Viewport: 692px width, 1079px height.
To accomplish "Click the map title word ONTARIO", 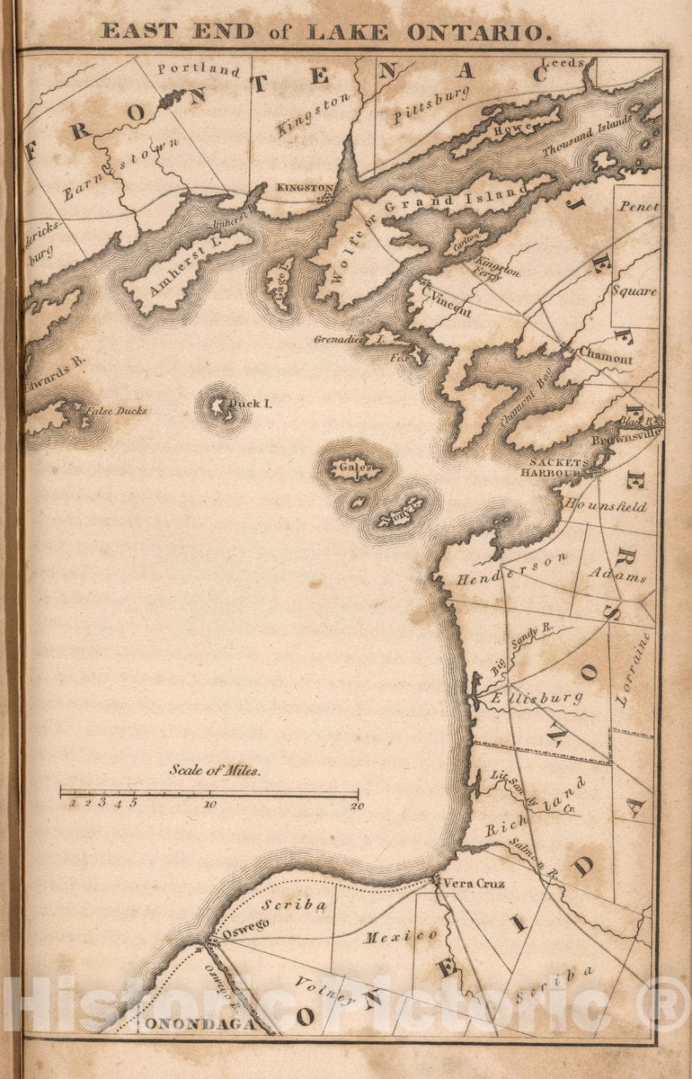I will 476,32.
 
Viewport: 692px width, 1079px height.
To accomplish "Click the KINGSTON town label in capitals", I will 304,187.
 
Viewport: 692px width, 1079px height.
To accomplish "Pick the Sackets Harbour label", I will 554,468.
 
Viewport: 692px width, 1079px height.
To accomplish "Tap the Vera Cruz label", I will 474,883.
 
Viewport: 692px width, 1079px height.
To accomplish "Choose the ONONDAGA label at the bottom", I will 195,1023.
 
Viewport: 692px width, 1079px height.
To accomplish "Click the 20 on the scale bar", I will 357,806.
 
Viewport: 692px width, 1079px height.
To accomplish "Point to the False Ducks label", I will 117,411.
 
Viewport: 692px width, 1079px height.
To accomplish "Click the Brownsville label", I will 627,435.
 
